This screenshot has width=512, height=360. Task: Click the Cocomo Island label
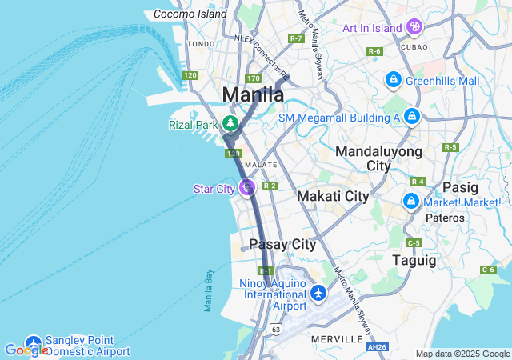point(190,14)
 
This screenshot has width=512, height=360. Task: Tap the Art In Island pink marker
point(414,27)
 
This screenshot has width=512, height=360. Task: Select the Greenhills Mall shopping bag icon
point(393,80)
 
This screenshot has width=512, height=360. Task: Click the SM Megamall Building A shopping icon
point(411,117)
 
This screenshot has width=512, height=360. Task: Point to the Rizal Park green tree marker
point(230,124)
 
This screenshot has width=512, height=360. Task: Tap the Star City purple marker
point(247,188)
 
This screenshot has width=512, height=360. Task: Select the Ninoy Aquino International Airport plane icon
point(318,294)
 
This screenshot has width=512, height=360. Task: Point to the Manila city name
point(252,94)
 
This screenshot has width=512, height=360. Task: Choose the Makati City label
point(333,196)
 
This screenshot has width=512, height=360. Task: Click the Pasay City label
point(282,244)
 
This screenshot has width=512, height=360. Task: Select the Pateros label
point(446,218)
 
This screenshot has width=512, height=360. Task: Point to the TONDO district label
point(201,44)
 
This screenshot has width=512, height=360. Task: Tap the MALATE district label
point(261,165)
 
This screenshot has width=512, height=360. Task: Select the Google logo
point(26,350)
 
